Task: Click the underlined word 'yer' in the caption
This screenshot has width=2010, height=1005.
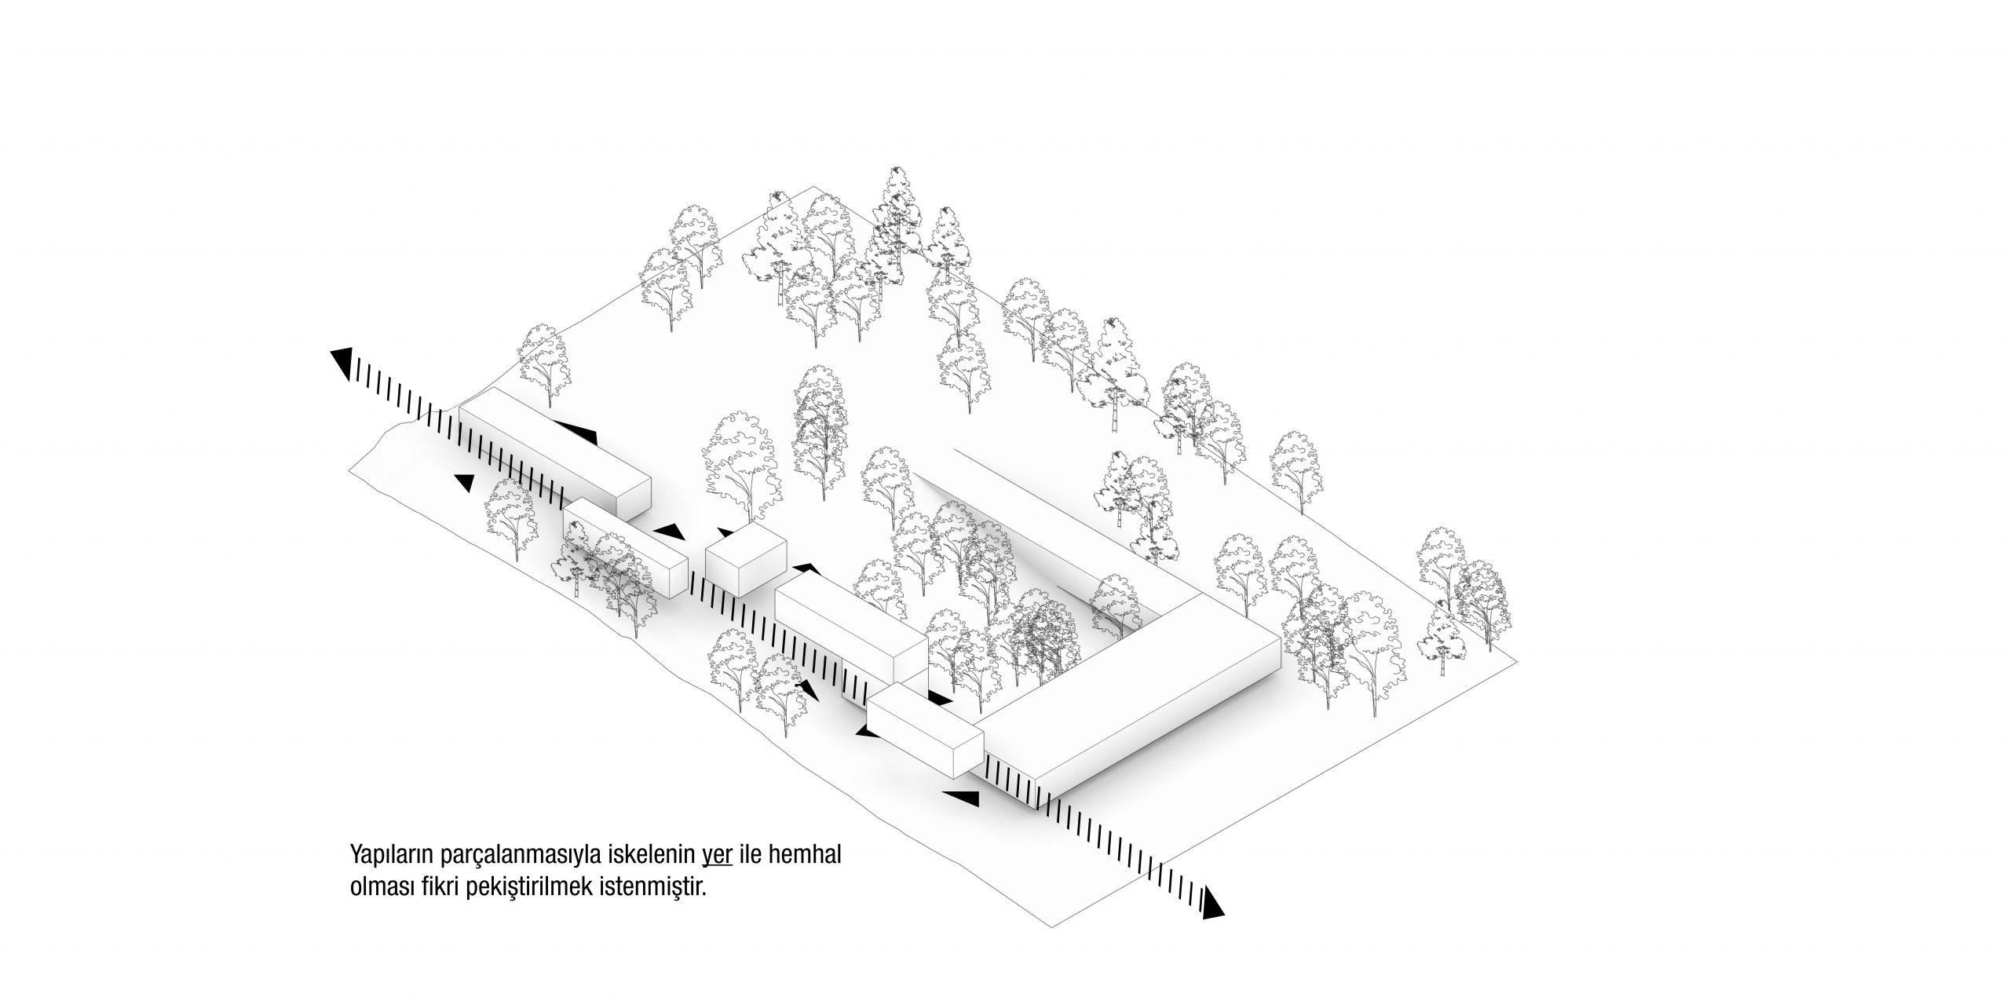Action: click(x=718, y=854)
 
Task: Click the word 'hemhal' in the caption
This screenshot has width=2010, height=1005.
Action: click(x=809, y=853)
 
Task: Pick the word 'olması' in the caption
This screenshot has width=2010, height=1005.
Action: click(x=380, y=890)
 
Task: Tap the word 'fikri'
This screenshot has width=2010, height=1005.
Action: click(x=439, y=890)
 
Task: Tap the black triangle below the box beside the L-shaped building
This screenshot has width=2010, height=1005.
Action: click(x=961, y=799)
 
